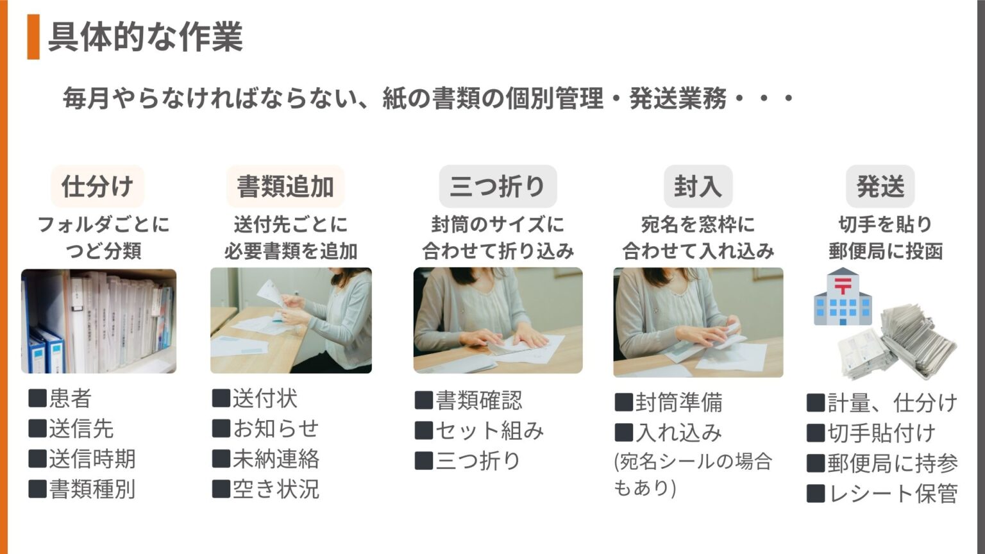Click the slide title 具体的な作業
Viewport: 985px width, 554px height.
146,37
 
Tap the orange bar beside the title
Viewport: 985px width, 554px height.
33,37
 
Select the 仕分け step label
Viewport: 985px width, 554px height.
97,186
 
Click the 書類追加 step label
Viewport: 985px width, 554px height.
285,186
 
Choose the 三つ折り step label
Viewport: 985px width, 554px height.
498,186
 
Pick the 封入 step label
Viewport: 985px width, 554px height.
698,186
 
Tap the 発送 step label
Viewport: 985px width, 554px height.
880,186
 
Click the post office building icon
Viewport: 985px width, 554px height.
843,296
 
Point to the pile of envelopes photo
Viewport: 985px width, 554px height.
897,342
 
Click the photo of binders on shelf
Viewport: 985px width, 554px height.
99,321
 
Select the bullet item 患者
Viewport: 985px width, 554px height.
60,398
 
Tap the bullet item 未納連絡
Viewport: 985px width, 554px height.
265,459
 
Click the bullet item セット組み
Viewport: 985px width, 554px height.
479,431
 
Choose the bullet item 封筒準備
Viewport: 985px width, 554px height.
668,402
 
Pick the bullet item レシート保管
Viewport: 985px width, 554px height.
882,493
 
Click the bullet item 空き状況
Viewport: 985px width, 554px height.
265,489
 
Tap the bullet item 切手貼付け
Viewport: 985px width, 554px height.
871,433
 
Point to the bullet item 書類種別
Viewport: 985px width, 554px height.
82,489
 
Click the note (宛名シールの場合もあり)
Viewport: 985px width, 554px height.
693,474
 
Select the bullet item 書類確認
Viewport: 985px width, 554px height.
468,401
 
